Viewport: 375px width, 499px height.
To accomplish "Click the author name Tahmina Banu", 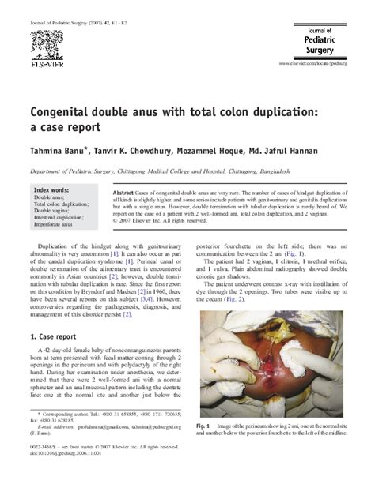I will [60, 150].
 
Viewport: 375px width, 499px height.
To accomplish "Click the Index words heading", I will [51, 190].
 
